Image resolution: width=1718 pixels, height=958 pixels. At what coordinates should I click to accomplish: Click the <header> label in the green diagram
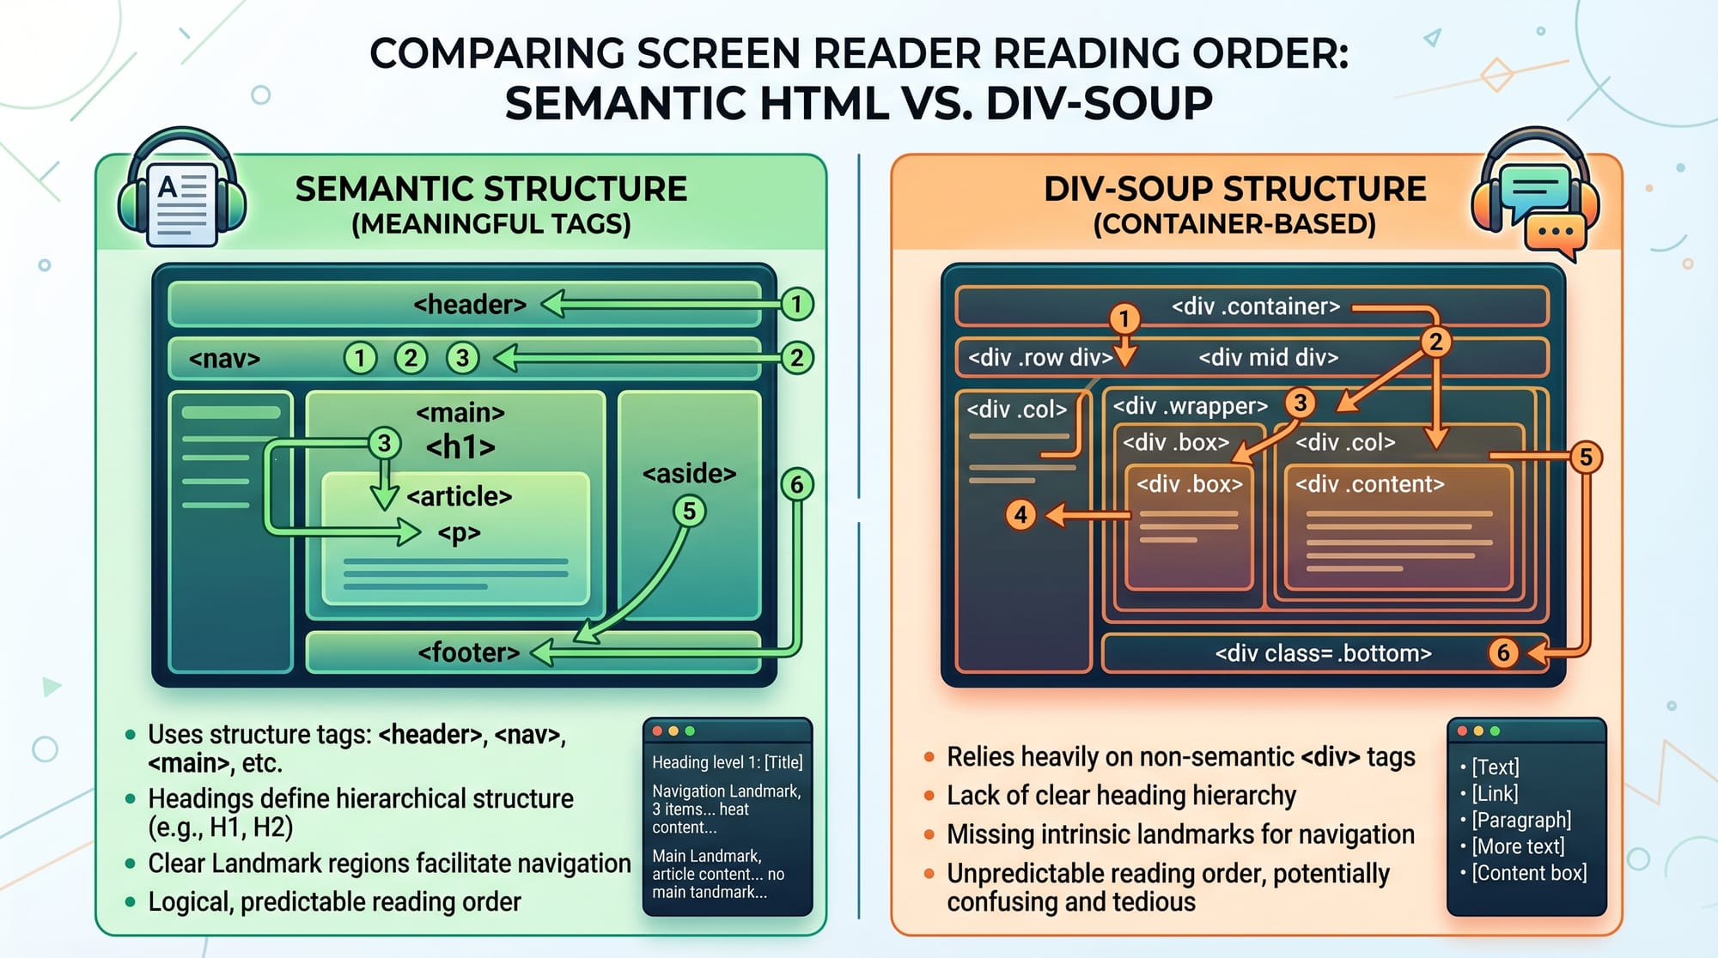pyautogui.click(x=470, y=305)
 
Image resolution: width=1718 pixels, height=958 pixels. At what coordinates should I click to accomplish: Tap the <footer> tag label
pyautogui.click(x=469, y=653)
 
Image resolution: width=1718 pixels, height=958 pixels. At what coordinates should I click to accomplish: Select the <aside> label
pyautogui.click(x=689, y=474)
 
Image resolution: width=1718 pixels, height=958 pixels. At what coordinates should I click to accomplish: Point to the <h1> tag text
pyautogui.click(x=461, y=447)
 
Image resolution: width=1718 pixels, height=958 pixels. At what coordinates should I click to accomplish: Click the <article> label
pyautogui.click(x=460, y=497)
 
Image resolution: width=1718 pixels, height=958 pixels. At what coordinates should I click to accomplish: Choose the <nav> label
pyautogui.click(x=224, y=359)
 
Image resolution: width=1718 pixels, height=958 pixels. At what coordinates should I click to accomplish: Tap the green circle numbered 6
pyautogui.click(x=796, y=485)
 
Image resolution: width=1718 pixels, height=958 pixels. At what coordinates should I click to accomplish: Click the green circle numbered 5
pyautogui.click(x=689, y=512)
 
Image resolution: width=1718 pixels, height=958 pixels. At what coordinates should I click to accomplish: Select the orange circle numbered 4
pyautogui.click(x=1020, y=515)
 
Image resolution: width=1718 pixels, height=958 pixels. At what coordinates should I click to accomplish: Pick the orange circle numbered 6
pyautogui.click(x=1503, y=653)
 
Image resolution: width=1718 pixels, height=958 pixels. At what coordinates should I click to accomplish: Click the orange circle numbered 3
pyautogui.click(x=1301, y=403)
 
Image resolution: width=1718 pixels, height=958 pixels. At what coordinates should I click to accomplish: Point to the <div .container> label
pyautogui.click(x=1256, y=306)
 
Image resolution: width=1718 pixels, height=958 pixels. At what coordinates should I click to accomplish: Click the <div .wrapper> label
pyautogui.click(x=1191, y=406)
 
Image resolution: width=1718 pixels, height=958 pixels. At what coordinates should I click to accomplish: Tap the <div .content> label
pyautogui.click(x=1369, y=484)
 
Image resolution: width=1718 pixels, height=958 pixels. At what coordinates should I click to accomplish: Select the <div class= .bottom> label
pyautogui.click(x=1323, y=654)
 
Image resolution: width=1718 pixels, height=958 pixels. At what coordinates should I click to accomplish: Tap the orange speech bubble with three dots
pyautogui.click(x=1556, y=233)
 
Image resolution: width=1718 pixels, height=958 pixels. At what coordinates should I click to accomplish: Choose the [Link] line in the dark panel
pyautogui.click(x=1496, y=794)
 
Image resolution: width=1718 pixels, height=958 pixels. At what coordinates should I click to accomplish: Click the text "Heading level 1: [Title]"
pyautogui.click(x=727, y=762)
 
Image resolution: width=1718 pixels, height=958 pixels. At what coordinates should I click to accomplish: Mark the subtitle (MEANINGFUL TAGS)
pyautogui.click(x=491, y=225)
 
